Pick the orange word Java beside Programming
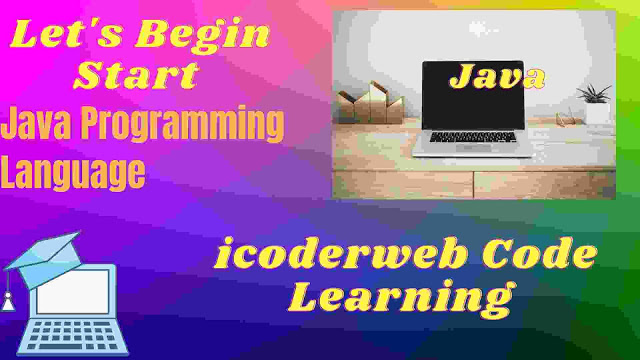39,126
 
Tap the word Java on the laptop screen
497,76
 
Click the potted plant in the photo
598,101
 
